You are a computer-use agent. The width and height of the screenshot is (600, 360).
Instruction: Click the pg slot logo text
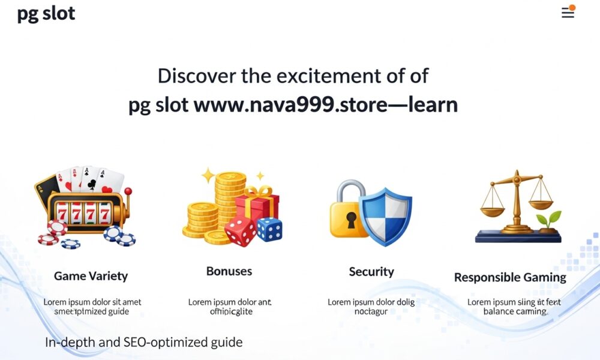pyautogui.click(x=46, y=14)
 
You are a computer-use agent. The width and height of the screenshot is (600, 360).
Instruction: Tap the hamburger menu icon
pyautogui.click(x=567, y=13)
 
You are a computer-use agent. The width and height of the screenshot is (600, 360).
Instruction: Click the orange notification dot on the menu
pyautogui.click(x=572, y=8)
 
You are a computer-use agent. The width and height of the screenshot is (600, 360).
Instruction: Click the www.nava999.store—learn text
pyautogui.click(x=326, y=105)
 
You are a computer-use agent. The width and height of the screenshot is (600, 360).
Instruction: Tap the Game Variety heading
pyautogui.click(x=91, y=276)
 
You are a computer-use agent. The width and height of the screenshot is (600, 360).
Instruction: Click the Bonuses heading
pyautogui.click(x=229, y=271)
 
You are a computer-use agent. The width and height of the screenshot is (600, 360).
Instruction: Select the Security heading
pyautogui.click(x=371, y=272)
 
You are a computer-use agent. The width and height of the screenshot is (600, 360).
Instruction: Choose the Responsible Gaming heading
pyautogui.click(x=510, y=277)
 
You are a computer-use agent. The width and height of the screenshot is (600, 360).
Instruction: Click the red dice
pyautogui.click(x=240, y=231)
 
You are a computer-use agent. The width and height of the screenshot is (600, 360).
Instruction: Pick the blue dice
pyautogui.click(x=269, y=229)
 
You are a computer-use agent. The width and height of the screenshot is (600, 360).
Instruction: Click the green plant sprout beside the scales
pyautogui.click(x=548, y=220)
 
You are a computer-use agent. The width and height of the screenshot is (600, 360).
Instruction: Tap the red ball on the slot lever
pyautogui.click(x=127, y=191)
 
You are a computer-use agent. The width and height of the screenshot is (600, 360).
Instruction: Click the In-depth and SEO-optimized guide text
pyautogui.click(x=144, y=343)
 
